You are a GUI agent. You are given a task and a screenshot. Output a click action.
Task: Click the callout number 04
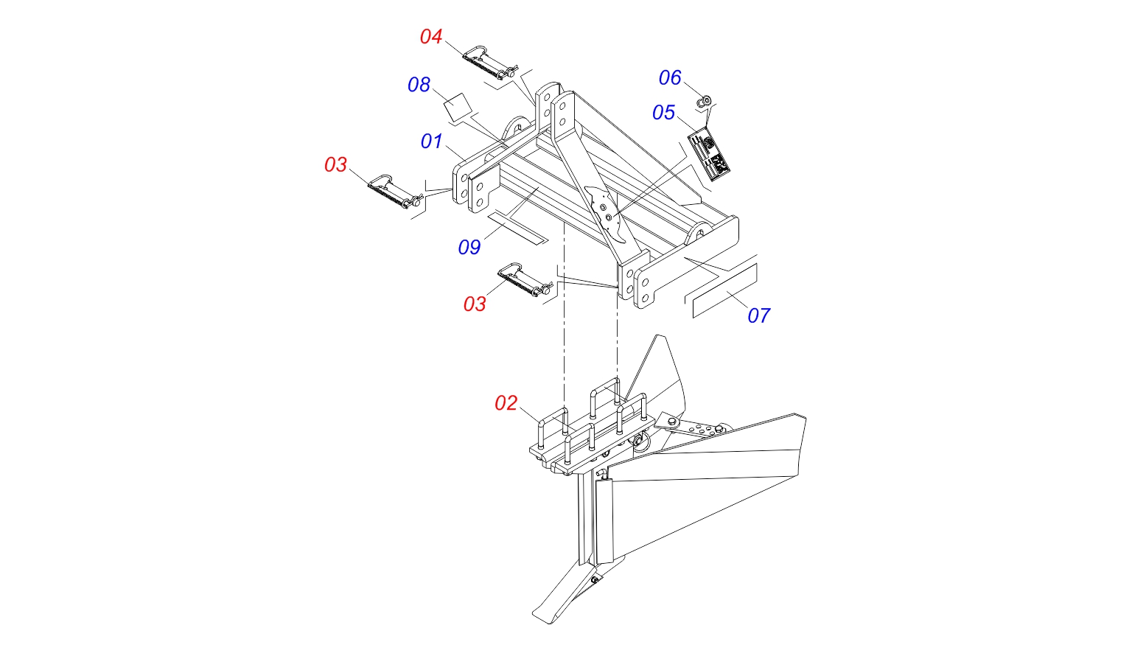pyautogui.click(x=431, y=36)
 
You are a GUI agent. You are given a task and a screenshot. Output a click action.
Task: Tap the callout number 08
pyautogui.click(x=419, y=85)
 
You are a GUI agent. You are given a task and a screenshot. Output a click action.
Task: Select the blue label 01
pyautogui.click(x=432, y=142)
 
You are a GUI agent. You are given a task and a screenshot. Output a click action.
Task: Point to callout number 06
pyautogui.click(x=670, y=78)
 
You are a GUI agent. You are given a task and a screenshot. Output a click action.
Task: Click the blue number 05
pyautogui.click(x=663, y=113)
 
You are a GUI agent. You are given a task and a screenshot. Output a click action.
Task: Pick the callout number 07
pyautogui.click(x=759, y=316)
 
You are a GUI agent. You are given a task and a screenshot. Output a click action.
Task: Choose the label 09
pyautogui.click(x=469, y=248)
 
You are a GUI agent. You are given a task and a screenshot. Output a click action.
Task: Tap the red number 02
pyautogui.click(x=506, y=403)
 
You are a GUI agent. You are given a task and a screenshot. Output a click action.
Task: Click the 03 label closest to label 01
pyautogui.click(x=335, y=165)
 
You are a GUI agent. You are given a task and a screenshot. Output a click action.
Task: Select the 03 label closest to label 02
pyautogui.click(x=475, y=304)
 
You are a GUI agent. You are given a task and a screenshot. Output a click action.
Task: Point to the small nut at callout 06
pyautogui.click(x=705, y=102)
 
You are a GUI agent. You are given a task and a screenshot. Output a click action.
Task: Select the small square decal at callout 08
pyautogui.click(x=458, y=107)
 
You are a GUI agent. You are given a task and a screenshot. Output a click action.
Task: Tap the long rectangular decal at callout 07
pyautogui.click(x=724, y=290)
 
